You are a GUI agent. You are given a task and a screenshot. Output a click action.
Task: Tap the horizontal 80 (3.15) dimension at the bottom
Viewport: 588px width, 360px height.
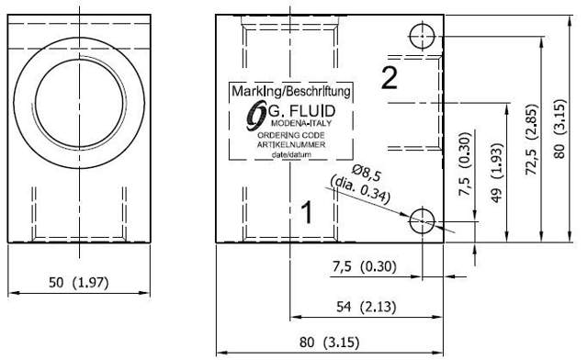[x=328, y=343]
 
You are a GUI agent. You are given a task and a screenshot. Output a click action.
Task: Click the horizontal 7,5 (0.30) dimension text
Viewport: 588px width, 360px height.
[x=362, y=266]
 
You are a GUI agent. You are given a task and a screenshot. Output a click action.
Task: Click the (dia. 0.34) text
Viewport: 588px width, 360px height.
[x=363, y=189]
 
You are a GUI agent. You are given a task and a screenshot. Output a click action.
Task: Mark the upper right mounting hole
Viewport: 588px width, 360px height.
[x=422, y=37]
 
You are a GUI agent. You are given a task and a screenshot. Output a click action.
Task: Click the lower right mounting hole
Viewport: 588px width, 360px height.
[x=422, y=220]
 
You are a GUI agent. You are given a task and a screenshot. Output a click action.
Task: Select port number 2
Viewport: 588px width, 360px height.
[x=390, y=79]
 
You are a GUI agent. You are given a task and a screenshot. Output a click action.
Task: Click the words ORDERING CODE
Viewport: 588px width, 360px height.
[x=292, y=135]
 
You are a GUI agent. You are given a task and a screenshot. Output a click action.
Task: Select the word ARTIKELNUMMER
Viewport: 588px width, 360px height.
[x=292, y=144]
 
